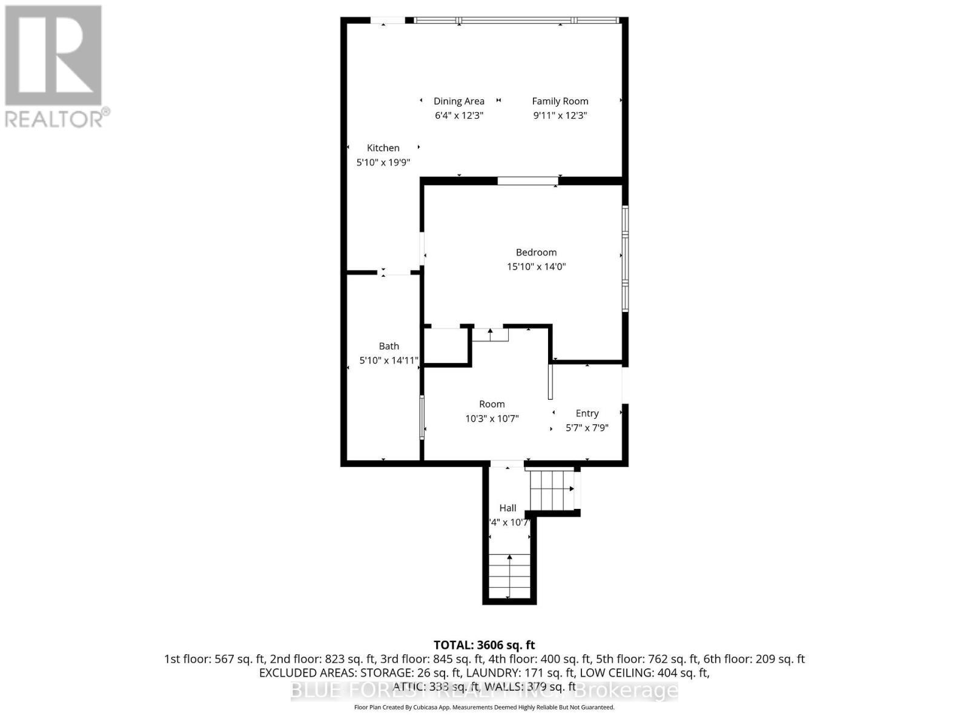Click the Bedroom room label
pyautogui.click(x=536, y=252)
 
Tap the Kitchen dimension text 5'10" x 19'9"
pyautogui.click(x=383, y=162)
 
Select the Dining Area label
pyautogui.click(x=458, y=101)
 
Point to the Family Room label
pyautogui.click(x=560, y=101)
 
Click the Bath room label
pyautogui.click(x=389, y=346)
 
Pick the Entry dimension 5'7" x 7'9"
pyautogui.click(x=587, y=428)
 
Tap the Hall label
pyautogui.click(x=508, y=508)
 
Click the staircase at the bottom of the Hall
pyautogui.click(x=509, y=576)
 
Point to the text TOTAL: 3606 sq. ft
pyautogui.click(x=484, y=645)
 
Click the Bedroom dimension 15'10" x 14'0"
pyautogui.click(x=536, y=267)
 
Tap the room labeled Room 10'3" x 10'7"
pyautogui.click(x=492, y=404)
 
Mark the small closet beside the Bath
pyautogui.click(x=446, y=347)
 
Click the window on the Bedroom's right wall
pyautogui.click(x=625, y=259)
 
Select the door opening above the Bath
pyautogui.click(x=395, y=273)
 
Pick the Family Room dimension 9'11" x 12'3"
pyautogui.click(x=560, y=116)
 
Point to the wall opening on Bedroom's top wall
pyautogui.click(x=527, y=181)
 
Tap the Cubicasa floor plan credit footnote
pyautogui.click(x=484, y=707)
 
